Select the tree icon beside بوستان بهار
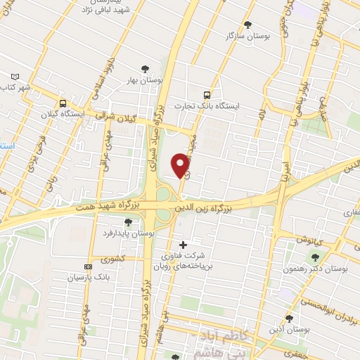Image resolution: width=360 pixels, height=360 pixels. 145,68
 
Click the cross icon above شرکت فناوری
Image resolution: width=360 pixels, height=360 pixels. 184,245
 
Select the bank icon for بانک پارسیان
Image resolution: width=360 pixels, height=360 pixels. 88,266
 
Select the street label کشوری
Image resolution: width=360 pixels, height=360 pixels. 112,259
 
